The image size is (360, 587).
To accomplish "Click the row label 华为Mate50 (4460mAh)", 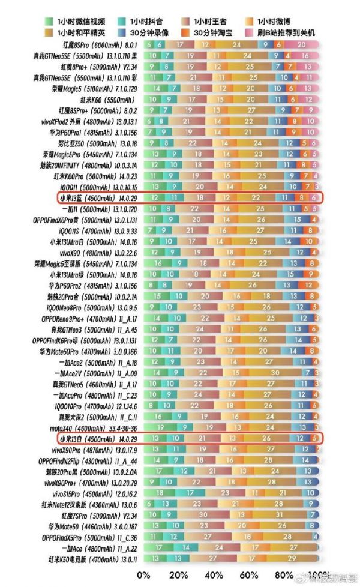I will click(x=99, y=526).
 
